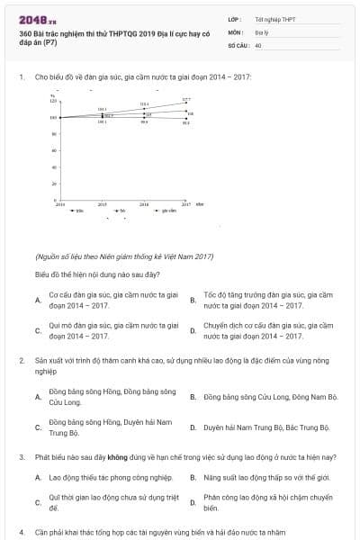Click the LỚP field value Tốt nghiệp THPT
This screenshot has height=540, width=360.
point(273,19)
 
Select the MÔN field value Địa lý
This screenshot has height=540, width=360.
point(263,31)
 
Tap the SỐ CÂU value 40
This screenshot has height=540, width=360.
point(258,44)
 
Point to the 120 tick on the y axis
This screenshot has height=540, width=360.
point(54,101)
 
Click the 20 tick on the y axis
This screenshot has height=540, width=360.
point(55,184)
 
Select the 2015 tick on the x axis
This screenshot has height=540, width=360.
point(103,205)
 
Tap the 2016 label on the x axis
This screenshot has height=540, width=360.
point(144,205)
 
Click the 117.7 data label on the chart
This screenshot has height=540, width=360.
point(186,99)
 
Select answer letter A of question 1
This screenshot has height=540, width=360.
point(38,300)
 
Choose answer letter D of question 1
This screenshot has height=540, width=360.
point(193,330)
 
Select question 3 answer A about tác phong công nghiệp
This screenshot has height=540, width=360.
point(110,477)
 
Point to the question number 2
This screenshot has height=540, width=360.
point(22,360)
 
